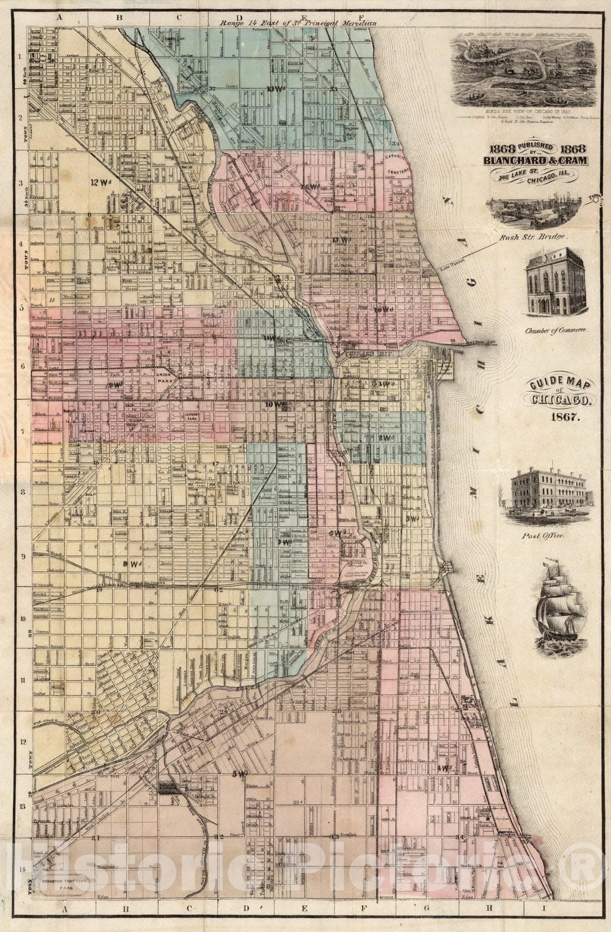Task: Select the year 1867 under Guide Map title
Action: pyautogui.click(x=562, y=417)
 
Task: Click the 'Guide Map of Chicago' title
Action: pyautogui.click(x=561, y=393)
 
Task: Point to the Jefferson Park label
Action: pyautogui.click(x=193, y=416)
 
